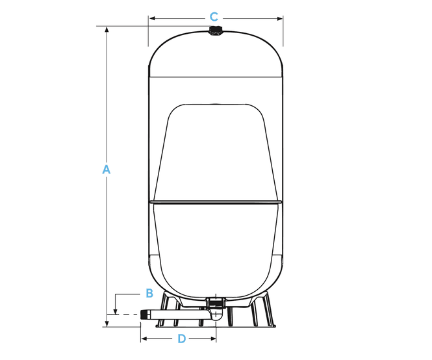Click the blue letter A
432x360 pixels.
pyautogui.click(x=106, y=170)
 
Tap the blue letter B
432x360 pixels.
pyautogui.click(x=149, y=293)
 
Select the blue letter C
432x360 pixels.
pyautogui.click(x=214, y=17)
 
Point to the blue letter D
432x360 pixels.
pyautogui.click(x=181, y=339)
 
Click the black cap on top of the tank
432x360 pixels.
pyautogui.click(x=215, y=31)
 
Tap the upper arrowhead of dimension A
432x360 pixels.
pyautogui.click(x=107, y=29)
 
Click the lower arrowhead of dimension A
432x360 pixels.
pyautogui.click(x=107, y=324)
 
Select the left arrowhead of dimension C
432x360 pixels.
pyautogui.click(x=152, y=18)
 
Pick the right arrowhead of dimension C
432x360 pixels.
pyautogui.click(x=279, y=19)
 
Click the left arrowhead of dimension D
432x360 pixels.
pyautogui.click(x=144, y=339)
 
